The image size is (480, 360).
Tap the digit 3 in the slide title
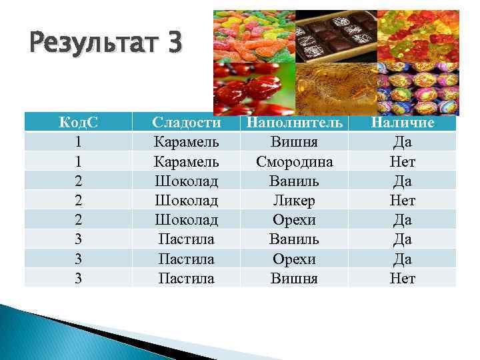tap(175, 45)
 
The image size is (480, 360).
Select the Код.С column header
tap(79, 123)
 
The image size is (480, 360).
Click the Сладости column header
tap(186, 123)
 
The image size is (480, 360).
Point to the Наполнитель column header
tap(294, 123)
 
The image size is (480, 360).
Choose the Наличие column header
tap(403, 123)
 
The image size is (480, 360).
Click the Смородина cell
tap(294, 161)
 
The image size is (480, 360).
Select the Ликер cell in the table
tap(294, 201)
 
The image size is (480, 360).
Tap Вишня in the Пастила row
tap(294, 279)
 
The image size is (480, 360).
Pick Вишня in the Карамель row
tap(294, 142)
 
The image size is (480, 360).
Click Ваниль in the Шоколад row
tap(294, 181)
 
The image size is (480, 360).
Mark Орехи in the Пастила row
tap(294, 259)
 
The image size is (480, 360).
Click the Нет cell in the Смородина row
tap(403, 161)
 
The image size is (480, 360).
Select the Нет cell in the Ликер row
tap(403, 201)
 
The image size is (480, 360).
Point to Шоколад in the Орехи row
tap(186, 220)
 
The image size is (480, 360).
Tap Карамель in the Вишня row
tap(186, 142)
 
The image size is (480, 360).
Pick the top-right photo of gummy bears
tap(417, 37)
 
